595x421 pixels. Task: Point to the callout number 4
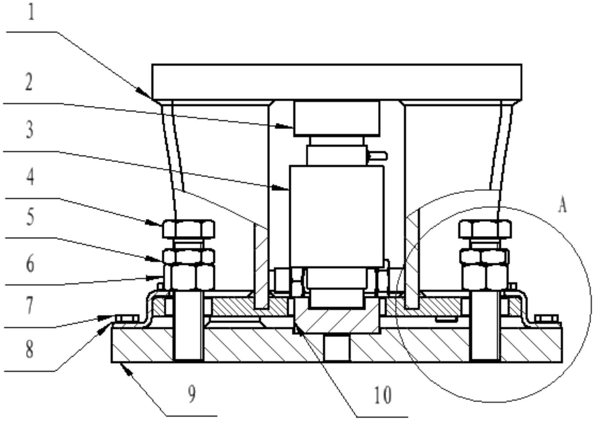[30, 177]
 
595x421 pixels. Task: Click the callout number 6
[30, 264]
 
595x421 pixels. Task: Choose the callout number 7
[29, 305]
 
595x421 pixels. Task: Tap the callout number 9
[191, 394]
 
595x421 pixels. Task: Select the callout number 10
[383, 396]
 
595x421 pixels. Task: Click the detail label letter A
[563, 205]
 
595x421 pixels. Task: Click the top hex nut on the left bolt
[189, 229]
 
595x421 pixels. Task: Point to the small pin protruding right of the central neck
[378, 156]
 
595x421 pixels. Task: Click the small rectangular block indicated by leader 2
[337, 118]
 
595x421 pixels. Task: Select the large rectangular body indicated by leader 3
[337, 216]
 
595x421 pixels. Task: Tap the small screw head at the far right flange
[547, 318]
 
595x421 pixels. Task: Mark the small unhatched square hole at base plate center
[337, 348]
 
